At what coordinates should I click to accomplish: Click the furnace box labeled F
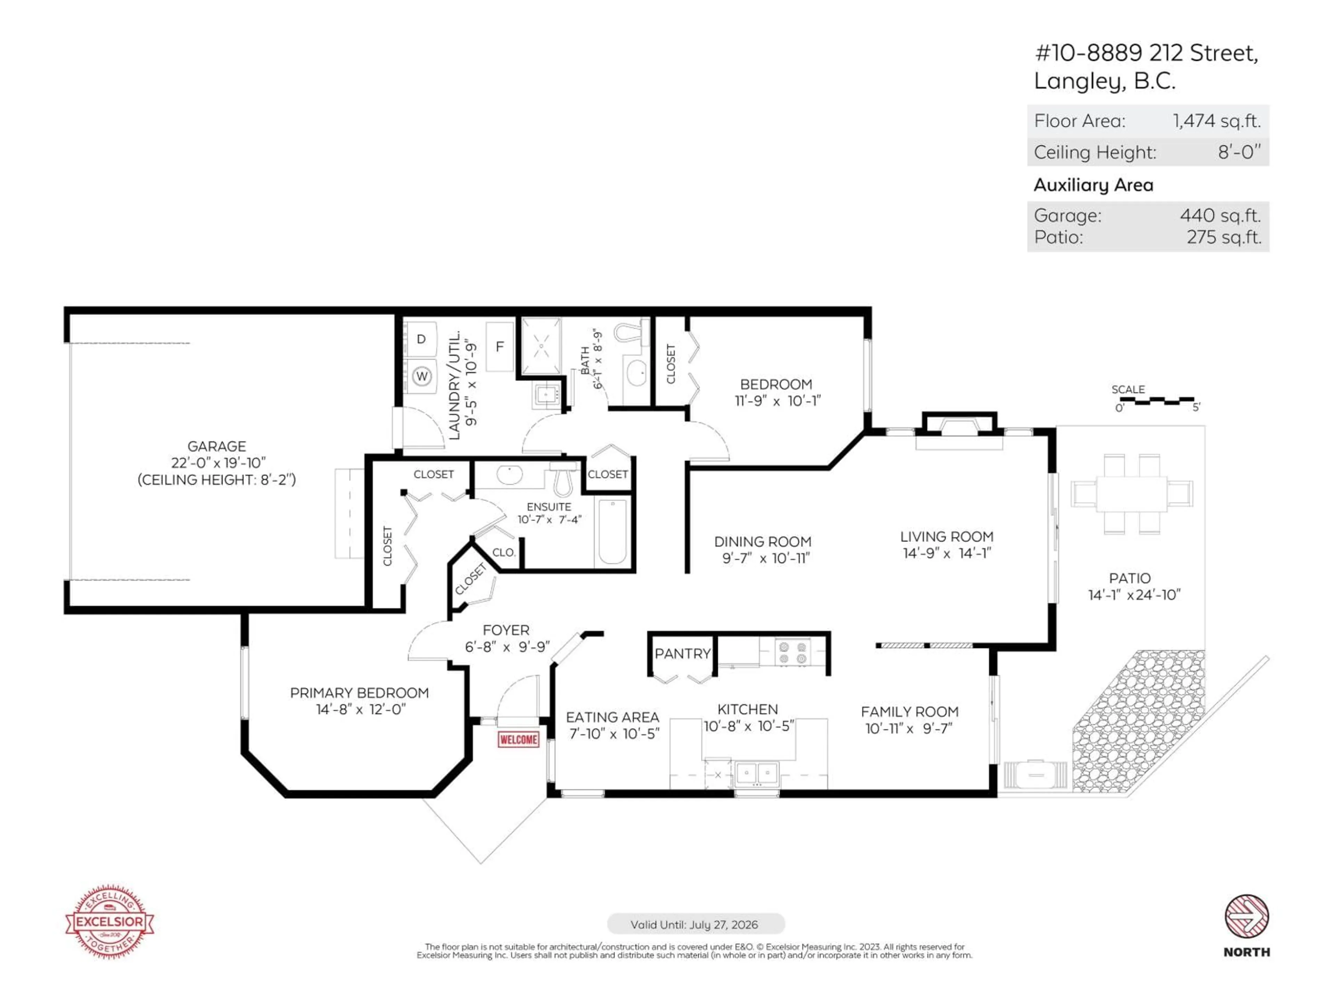499,347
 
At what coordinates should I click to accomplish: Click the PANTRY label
682,653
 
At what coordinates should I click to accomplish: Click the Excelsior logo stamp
109,921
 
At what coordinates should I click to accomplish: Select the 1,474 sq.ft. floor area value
1216,121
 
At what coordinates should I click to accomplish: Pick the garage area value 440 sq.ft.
1220,215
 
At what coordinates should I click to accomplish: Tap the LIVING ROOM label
946,536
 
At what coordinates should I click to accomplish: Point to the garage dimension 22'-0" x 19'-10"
218,463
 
